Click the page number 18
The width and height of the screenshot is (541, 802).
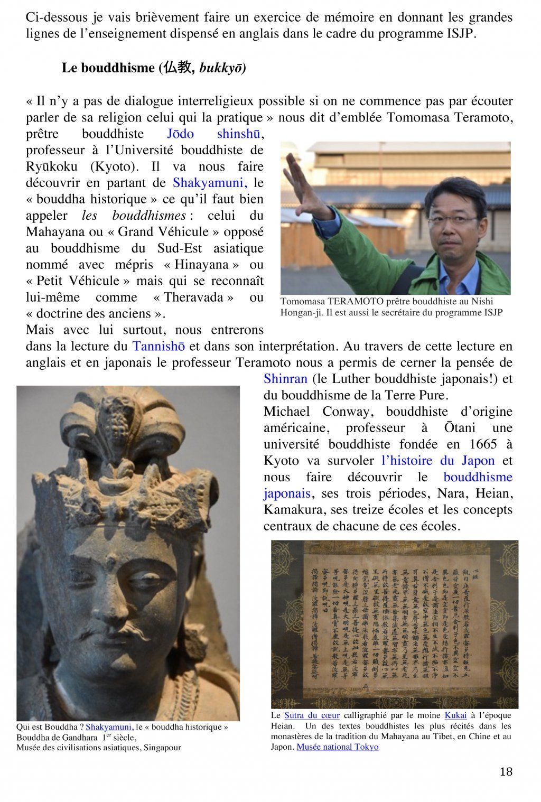point(506,771)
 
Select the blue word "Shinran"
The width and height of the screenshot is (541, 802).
point(285,379)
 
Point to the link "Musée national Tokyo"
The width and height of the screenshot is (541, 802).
point(337,747)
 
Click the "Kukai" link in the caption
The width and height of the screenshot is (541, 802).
point(455,715)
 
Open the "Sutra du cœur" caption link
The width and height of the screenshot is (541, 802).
point(312,715)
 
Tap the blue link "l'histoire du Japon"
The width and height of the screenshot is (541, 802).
point(438,461)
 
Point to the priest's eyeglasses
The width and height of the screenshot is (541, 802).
point(453,220)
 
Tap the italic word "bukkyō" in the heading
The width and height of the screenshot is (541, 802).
point(222,68)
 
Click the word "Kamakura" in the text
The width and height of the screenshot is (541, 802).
point(291,510)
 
